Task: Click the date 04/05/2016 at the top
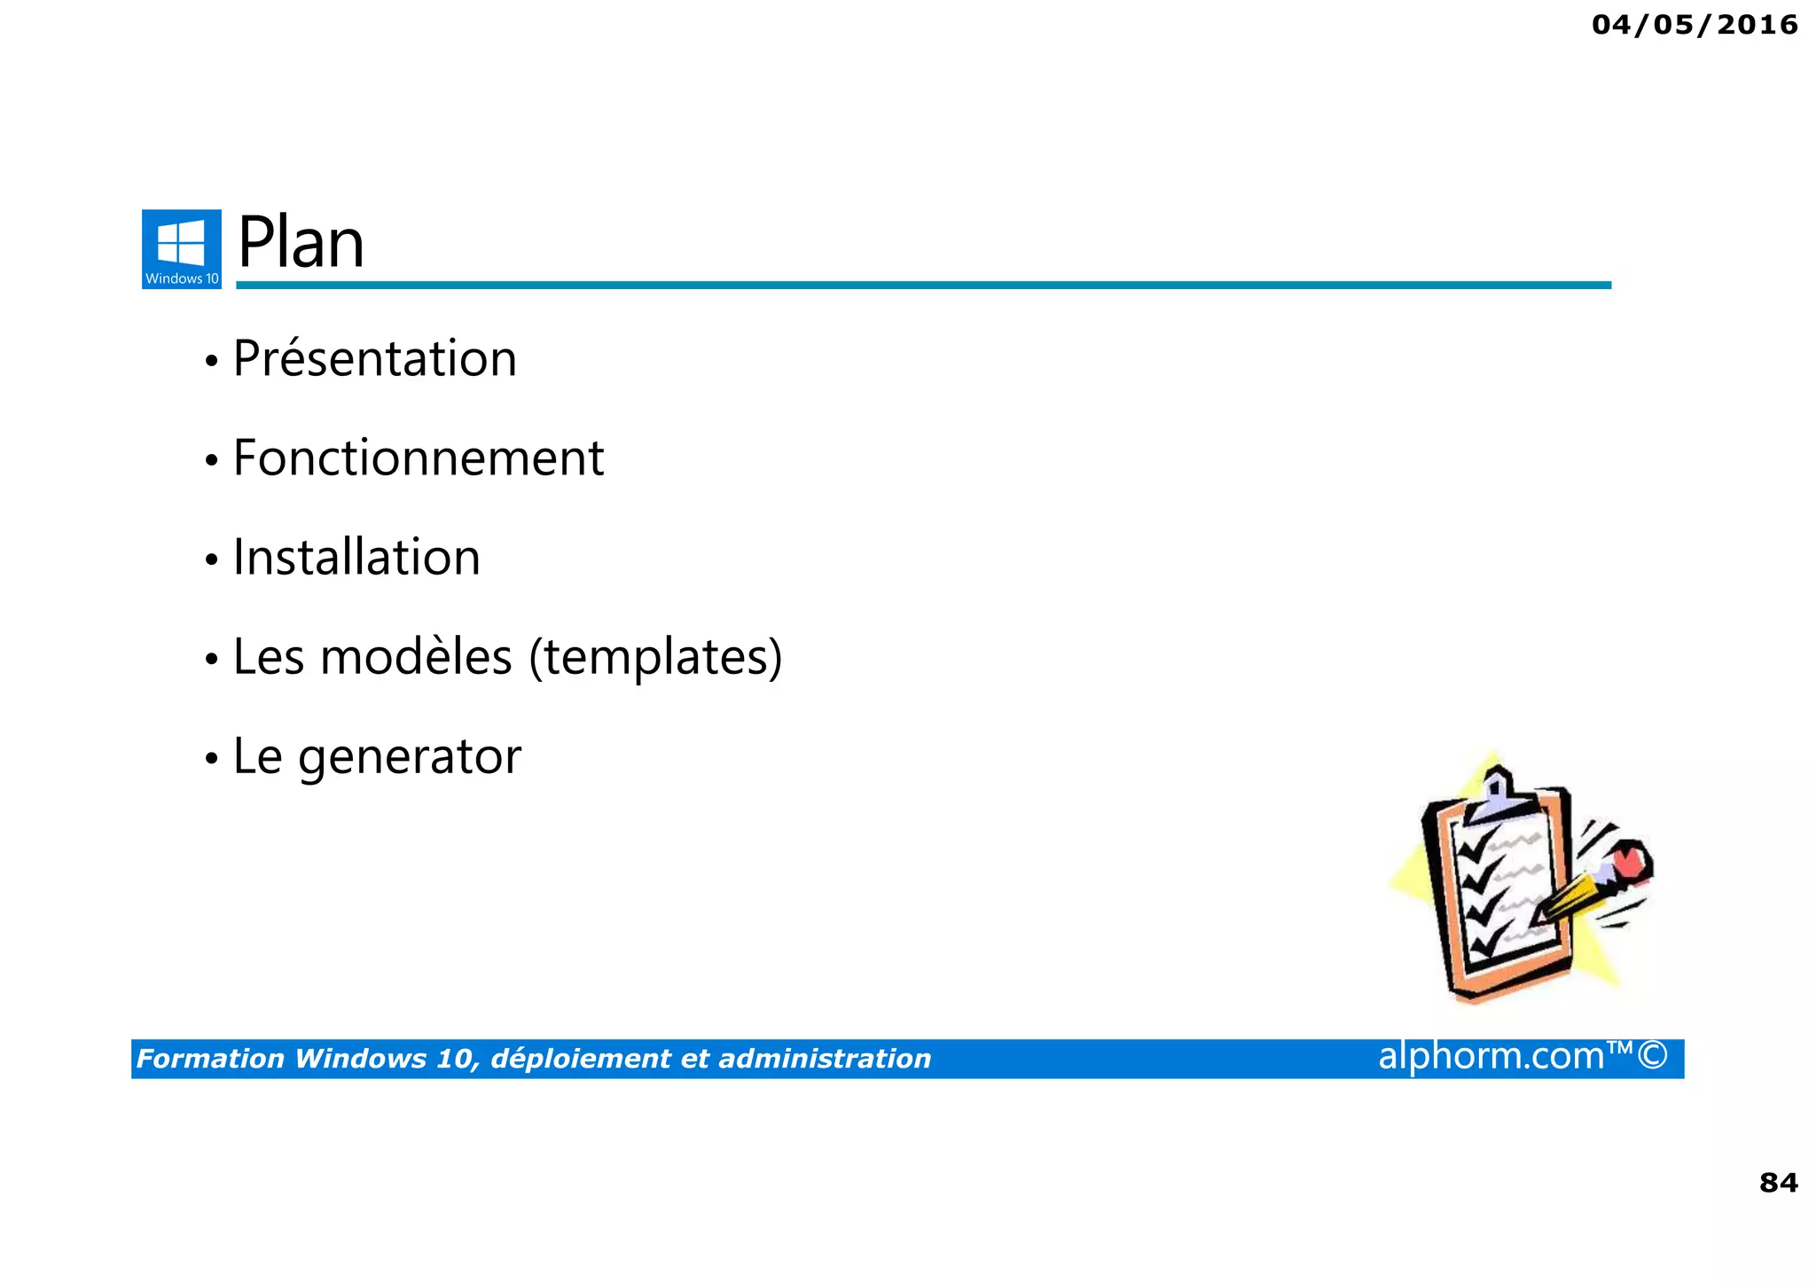1695,25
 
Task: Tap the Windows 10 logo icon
182,249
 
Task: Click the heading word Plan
301,243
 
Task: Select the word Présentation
374,359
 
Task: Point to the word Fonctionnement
418,458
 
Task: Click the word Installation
356,558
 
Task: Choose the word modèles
416,657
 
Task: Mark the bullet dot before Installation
211,560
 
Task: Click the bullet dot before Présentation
211,362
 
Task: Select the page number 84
1778,1183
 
